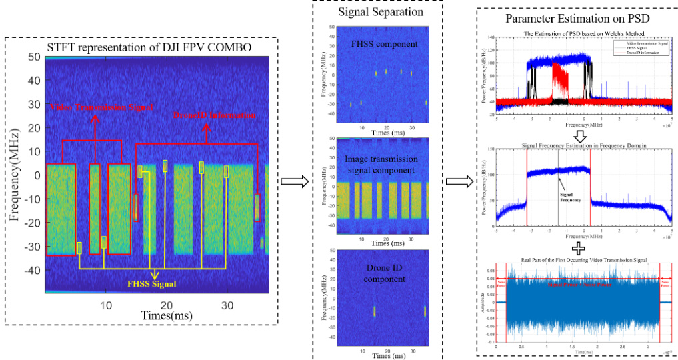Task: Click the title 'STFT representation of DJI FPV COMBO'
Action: coord(149,47)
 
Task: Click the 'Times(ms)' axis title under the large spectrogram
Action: coord(157,313)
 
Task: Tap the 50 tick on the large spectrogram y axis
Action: coord(34,57)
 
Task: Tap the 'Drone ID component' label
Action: coord(378,271)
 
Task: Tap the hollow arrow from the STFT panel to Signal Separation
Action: coord(293,180)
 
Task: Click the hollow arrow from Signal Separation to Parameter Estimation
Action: coord(458,180)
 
